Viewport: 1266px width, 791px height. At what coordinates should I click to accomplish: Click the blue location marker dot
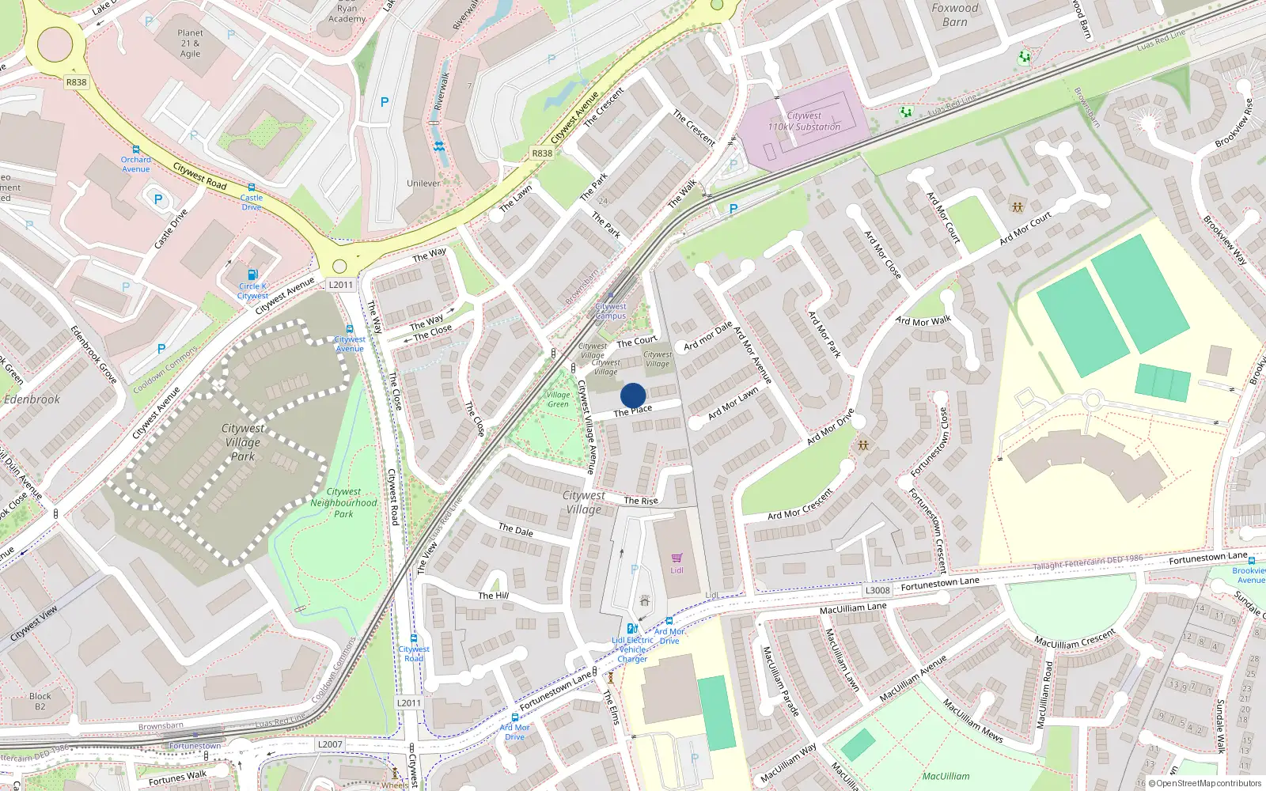click(633, 395)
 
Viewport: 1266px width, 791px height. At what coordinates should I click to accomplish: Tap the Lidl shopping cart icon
click(677, 558)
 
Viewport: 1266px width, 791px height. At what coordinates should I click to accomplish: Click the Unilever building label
click(423, 184)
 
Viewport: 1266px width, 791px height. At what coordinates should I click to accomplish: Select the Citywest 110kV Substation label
click(804, 121)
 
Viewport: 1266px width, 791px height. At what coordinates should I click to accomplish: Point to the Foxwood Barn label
click(954, 15)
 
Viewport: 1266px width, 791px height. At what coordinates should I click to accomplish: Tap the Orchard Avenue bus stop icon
click(136, 149)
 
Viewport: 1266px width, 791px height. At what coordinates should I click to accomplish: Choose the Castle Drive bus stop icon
click(252, 187)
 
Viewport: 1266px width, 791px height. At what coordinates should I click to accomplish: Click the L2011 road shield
click(340, 285)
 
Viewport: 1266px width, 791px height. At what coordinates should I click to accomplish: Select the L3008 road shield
click(877, 590)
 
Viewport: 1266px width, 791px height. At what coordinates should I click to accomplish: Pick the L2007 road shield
click(330, 744)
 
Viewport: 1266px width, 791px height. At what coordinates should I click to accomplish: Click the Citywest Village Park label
click(242, 442)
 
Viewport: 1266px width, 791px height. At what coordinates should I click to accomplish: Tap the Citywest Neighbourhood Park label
click(343, 502)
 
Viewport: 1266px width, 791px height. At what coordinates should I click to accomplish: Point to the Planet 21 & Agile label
click(190, 44)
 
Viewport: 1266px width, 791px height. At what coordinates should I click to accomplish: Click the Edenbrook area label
click(32, 399)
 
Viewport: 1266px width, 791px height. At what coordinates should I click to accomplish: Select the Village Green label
click(558, 399)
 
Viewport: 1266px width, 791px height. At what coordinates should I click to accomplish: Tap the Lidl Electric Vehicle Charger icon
click(632, 629)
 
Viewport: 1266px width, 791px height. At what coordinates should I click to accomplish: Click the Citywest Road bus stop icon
click(413, 638)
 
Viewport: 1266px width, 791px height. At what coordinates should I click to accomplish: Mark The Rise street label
click(640, 501)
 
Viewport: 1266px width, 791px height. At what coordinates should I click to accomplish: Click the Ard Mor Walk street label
click(923, 321)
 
